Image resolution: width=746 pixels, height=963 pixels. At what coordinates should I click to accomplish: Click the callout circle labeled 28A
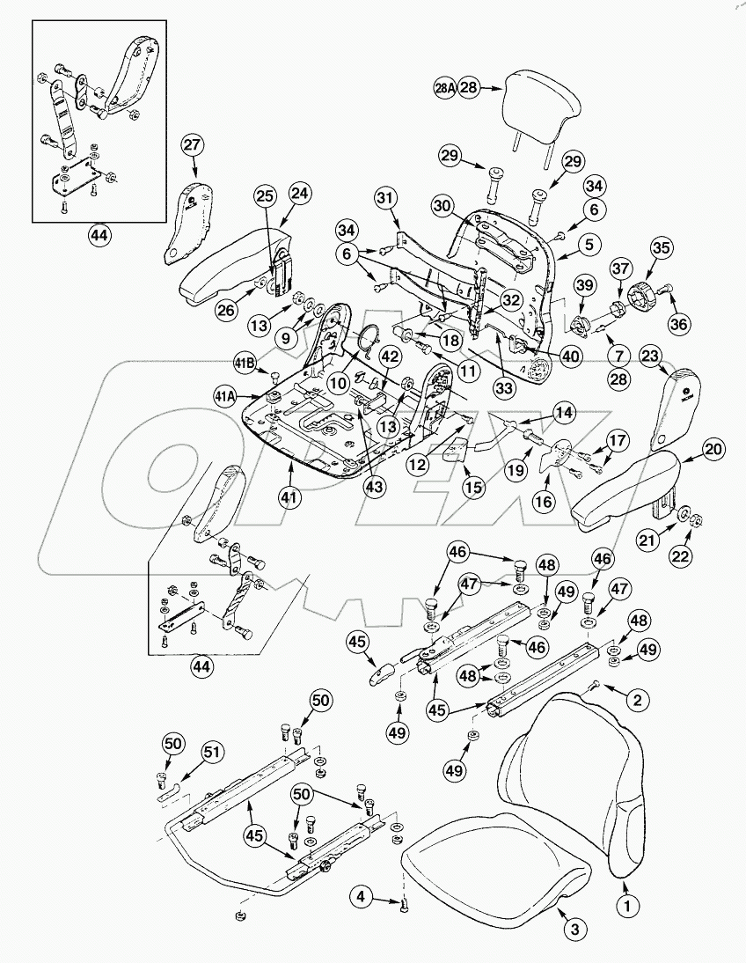point(444,89)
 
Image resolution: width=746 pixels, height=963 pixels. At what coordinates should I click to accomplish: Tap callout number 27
point(193,145)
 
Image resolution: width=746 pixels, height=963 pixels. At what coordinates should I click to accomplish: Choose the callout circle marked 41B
point(245,362)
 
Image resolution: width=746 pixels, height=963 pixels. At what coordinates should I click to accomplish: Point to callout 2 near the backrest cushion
point(638,700)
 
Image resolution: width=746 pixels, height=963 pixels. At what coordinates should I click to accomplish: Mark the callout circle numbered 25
point(266,197)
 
